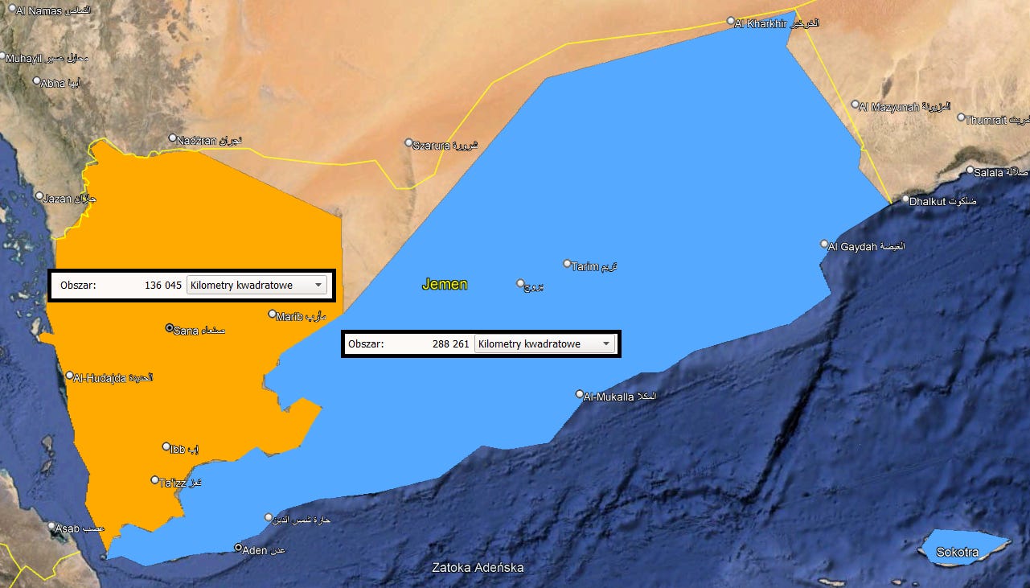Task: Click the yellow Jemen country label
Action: tap(445, 285)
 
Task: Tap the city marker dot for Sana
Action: tap(169, 328)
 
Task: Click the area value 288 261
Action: tap(450, 344)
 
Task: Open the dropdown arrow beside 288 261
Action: tap(607, 344)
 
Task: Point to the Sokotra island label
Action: tap(957, 553)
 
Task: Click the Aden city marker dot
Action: tap(238, 548)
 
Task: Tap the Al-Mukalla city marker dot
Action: tap(580, 394)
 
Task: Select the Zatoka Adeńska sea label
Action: tap(478, 568)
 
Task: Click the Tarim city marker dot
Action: tap(567, 264)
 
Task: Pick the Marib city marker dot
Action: tap(272, 315)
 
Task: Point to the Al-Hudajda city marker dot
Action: tap(70, 376)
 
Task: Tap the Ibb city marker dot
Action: tap(166, 446)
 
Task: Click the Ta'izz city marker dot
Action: tap(155, 480)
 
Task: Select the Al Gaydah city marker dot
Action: tap(824, 244)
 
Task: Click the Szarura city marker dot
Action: tap(408, 142)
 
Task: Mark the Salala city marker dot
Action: tap(970, 171)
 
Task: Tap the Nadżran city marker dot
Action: tap(172, 138)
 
